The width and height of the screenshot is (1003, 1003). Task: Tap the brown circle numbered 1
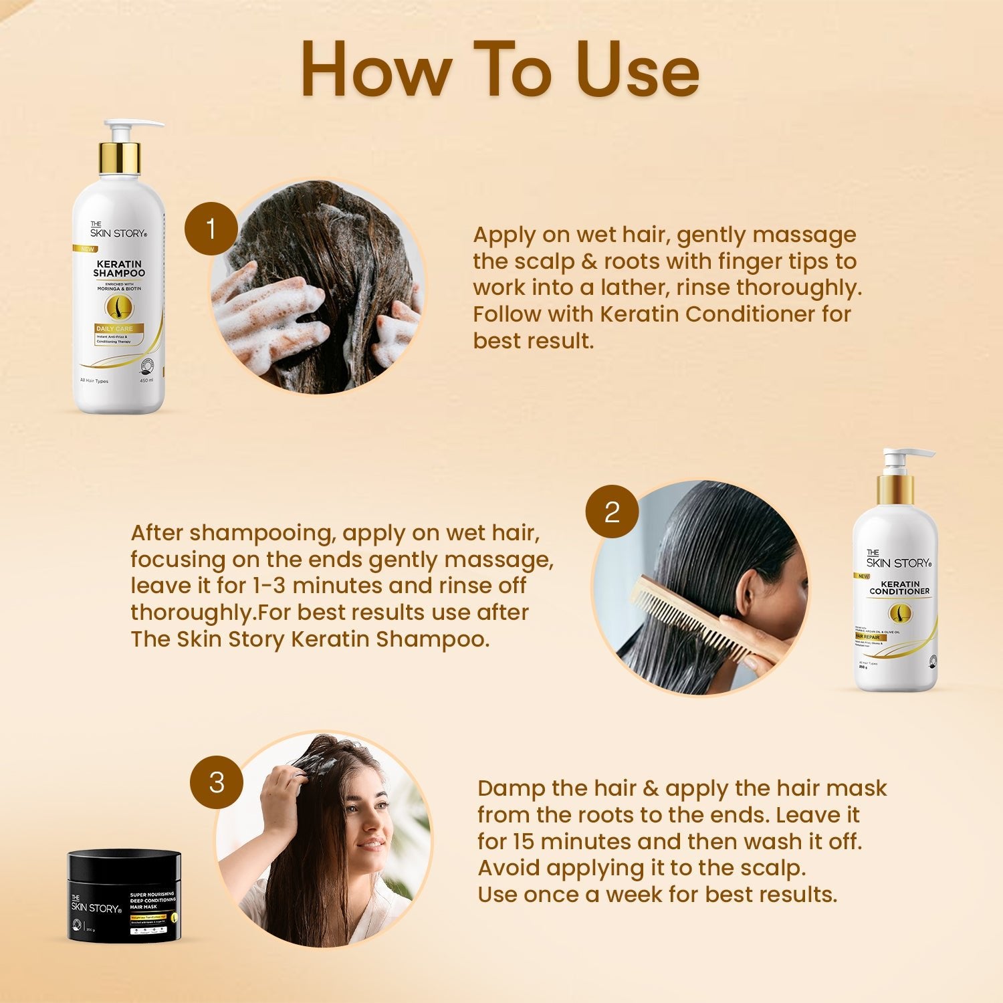click(x=211, y=229)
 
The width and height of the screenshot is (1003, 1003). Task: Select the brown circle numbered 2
click(x=612, y=512)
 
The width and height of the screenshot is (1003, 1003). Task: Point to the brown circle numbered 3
click(x=216, y=782)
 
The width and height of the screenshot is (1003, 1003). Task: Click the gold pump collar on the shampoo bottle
click(x=120, y=158)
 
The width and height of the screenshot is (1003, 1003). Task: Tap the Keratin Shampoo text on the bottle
click(x=119, y=269)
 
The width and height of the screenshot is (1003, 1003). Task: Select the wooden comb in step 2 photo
click(x=702, y=619)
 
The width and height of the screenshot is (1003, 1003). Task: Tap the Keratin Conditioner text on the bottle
click(x=899, y=588)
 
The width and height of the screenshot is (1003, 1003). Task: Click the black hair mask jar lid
click(x=124, y=863)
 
